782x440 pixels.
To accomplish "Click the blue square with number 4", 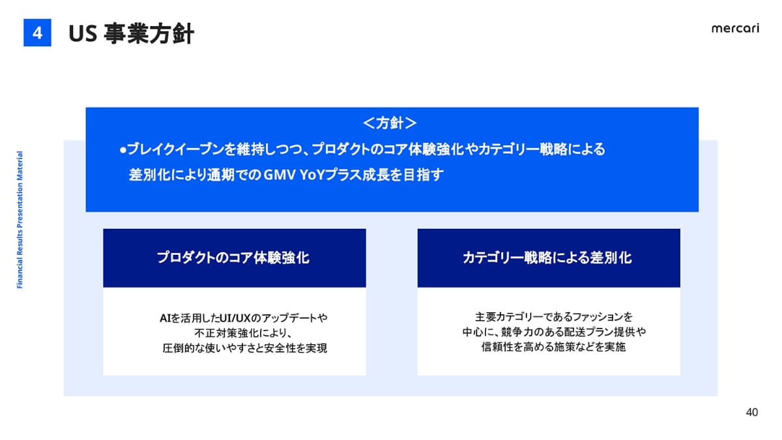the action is pos(37,33).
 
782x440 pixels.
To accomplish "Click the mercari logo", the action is pos(735,28).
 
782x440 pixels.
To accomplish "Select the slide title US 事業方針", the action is pos(131,33).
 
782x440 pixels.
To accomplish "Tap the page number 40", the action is pos(751,413).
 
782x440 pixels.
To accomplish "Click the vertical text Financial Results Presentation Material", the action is pos(20,220).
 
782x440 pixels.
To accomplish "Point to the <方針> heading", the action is pos(390,123).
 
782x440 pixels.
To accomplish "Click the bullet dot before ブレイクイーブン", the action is pos(123,150).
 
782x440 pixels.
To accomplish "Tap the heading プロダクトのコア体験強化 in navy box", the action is pos(233,257).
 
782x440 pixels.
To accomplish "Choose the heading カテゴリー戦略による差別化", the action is pos(547,257).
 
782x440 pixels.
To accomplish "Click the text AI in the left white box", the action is pos(165,318).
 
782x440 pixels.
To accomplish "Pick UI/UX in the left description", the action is pos(235,318).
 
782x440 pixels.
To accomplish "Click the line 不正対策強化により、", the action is pos(243,333).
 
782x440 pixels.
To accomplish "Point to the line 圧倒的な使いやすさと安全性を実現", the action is pos(244,348).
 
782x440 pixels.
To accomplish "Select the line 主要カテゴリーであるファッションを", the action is pos(554,317).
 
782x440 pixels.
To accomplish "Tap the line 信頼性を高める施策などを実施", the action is pos(553,347).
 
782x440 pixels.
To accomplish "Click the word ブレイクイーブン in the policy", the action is pos(175,149).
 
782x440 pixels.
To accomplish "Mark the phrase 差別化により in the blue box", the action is pos(167,175).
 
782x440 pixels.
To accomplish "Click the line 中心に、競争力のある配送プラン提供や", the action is pos(554,332).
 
